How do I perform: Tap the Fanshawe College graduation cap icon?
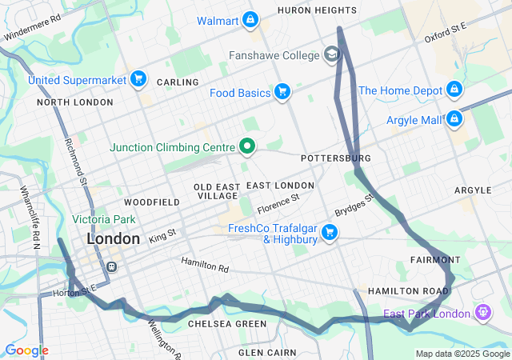click(330, 55)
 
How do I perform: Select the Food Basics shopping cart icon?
click(282, 93)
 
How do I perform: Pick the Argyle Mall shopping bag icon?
click(454, 120)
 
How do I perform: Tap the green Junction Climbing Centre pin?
click(247, 146)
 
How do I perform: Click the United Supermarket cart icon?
click(139, 79)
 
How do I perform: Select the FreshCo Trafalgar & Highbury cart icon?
click(329, 232)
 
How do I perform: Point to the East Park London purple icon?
click(482, 311)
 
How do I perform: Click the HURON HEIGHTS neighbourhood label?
click(317, 10)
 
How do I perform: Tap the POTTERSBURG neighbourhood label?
click(335, 158)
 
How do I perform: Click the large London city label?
click(113, 238)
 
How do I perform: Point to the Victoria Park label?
click(104, 219)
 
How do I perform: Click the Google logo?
click(26, 350)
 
